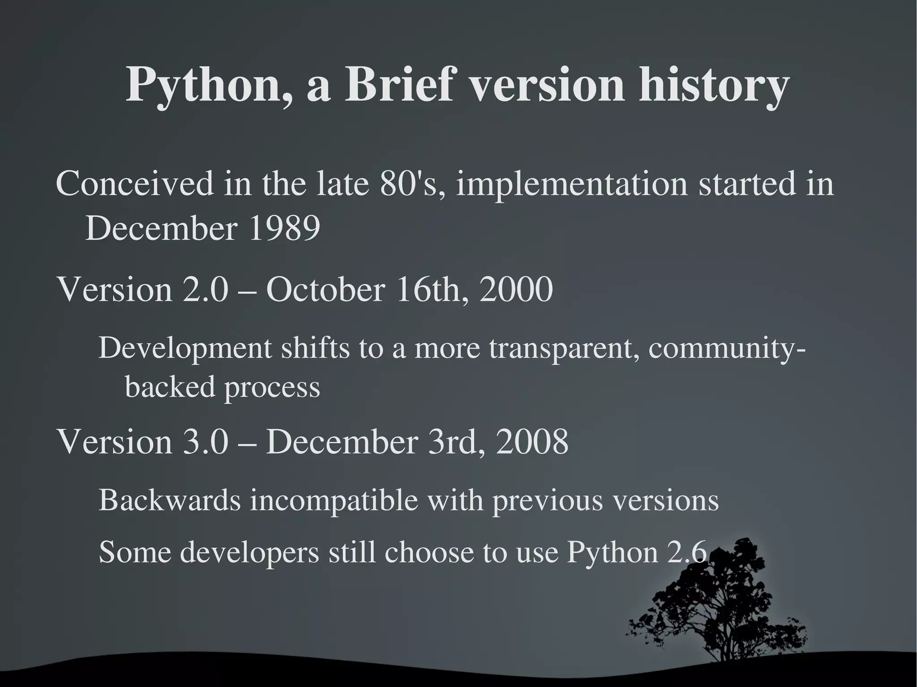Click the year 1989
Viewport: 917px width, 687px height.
pos(284,229)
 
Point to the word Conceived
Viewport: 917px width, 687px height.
pos(135,184)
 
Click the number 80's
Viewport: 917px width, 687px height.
pos(412,184)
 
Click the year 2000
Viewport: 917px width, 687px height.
pos(516,290)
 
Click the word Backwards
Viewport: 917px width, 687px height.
pos(170,500)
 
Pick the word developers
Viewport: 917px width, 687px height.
pos(250,552)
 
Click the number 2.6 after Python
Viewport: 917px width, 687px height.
pos(687,552)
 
